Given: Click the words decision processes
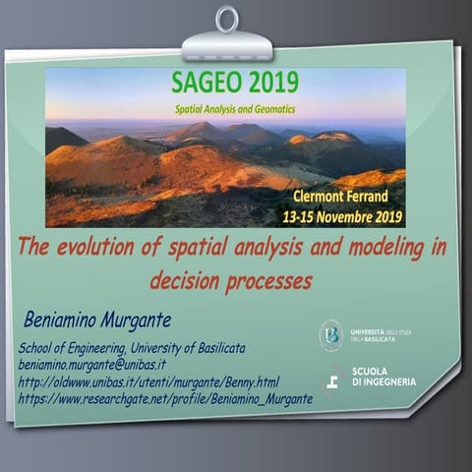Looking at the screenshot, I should pos(231,280).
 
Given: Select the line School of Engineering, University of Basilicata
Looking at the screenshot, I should pos(132,348).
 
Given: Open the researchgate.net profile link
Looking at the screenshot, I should pos(165,398).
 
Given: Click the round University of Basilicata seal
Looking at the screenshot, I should pos(331,335).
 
